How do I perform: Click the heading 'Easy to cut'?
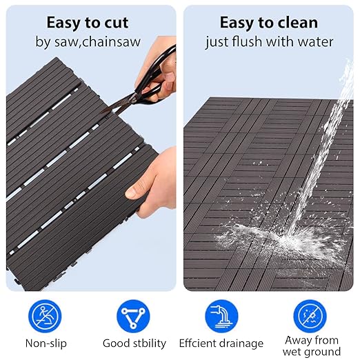88,22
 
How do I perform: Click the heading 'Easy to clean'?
269,22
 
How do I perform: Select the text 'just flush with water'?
269,42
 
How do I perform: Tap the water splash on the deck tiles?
283,234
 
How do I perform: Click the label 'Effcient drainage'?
221,343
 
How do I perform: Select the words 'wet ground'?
312,351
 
